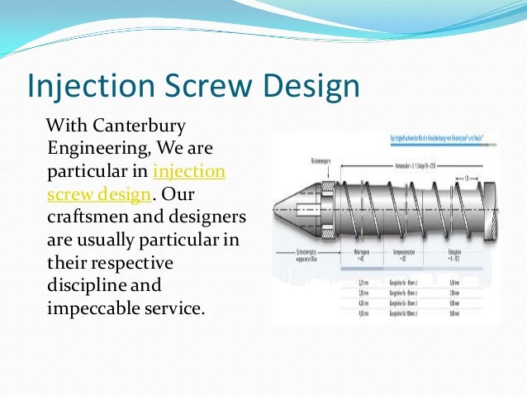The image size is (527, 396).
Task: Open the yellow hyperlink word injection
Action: click(189, 172)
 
